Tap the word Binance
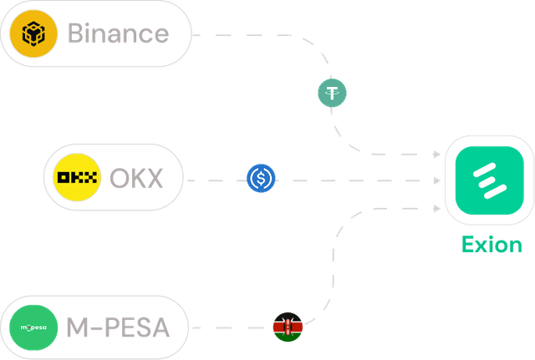pyautogui.click(x=118, y=35)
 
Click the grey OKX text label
pyautogui.click(x=136, y=179)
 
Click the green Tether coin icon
pyautogui.click(x=333, y=92)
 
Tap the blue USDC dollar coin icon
pyautogui.click(x=262, y=180)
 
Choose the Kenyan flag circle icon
pyautogui.click(x=288, y=327)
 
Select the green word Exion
pyautogui.click(x=492, y=246)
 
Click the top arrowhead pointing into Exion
pyautogui.click(x=436, y=155)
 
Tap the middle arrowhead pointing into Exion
pyautogui.click(x=436, y=180)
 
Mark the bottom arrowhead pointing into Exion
pyautogui.click(x=436, y=205)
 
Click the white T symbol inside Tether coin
pyautogui.click(x=333, y=92)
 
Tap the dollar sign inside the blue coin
pyautogui.click(x=262, y=180)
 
